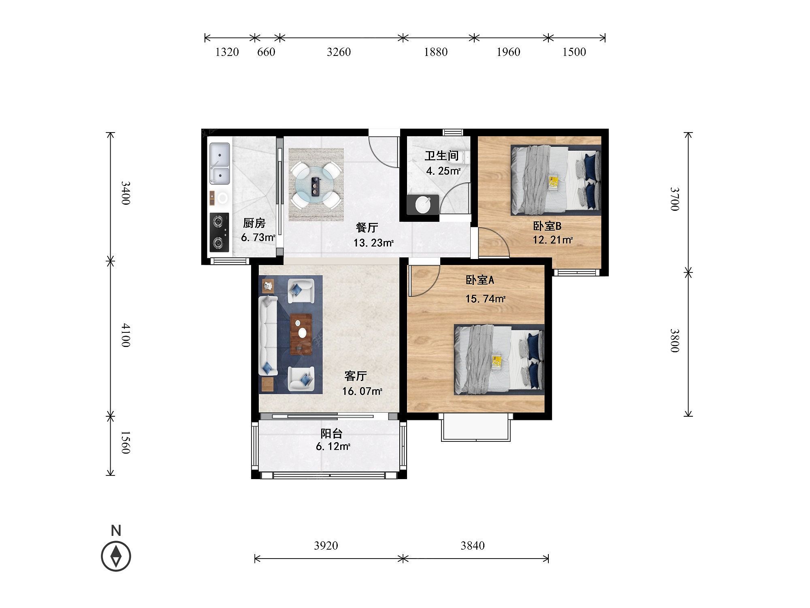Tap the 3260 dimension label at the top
click(339, 52)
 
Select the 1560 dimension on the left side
click(125, 443)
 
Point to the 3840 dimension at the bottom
click(472, 546)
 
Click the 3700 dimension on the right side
click(674, 199)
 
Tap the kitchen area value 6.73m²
click(258, 238)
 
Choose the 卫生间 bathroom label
click(441, 156)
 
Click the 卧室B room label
click(547, 226)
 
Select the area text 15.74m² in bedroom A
click(485, 299)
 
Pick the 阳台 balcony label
click(332, 434)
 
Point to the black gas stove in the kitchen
click(219, 231)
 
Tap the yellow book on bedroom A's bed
click(497, 362)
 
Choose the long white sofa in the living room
click(267, 336)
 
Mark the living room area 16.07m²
click(362, 392)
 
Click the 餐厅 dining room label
click(367, 227)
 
